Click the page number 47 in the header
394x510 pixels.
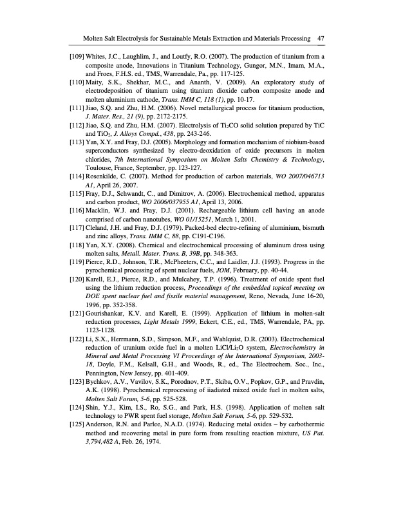pos(320,39)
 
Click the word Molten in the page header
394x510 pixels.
pos(87,39)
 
